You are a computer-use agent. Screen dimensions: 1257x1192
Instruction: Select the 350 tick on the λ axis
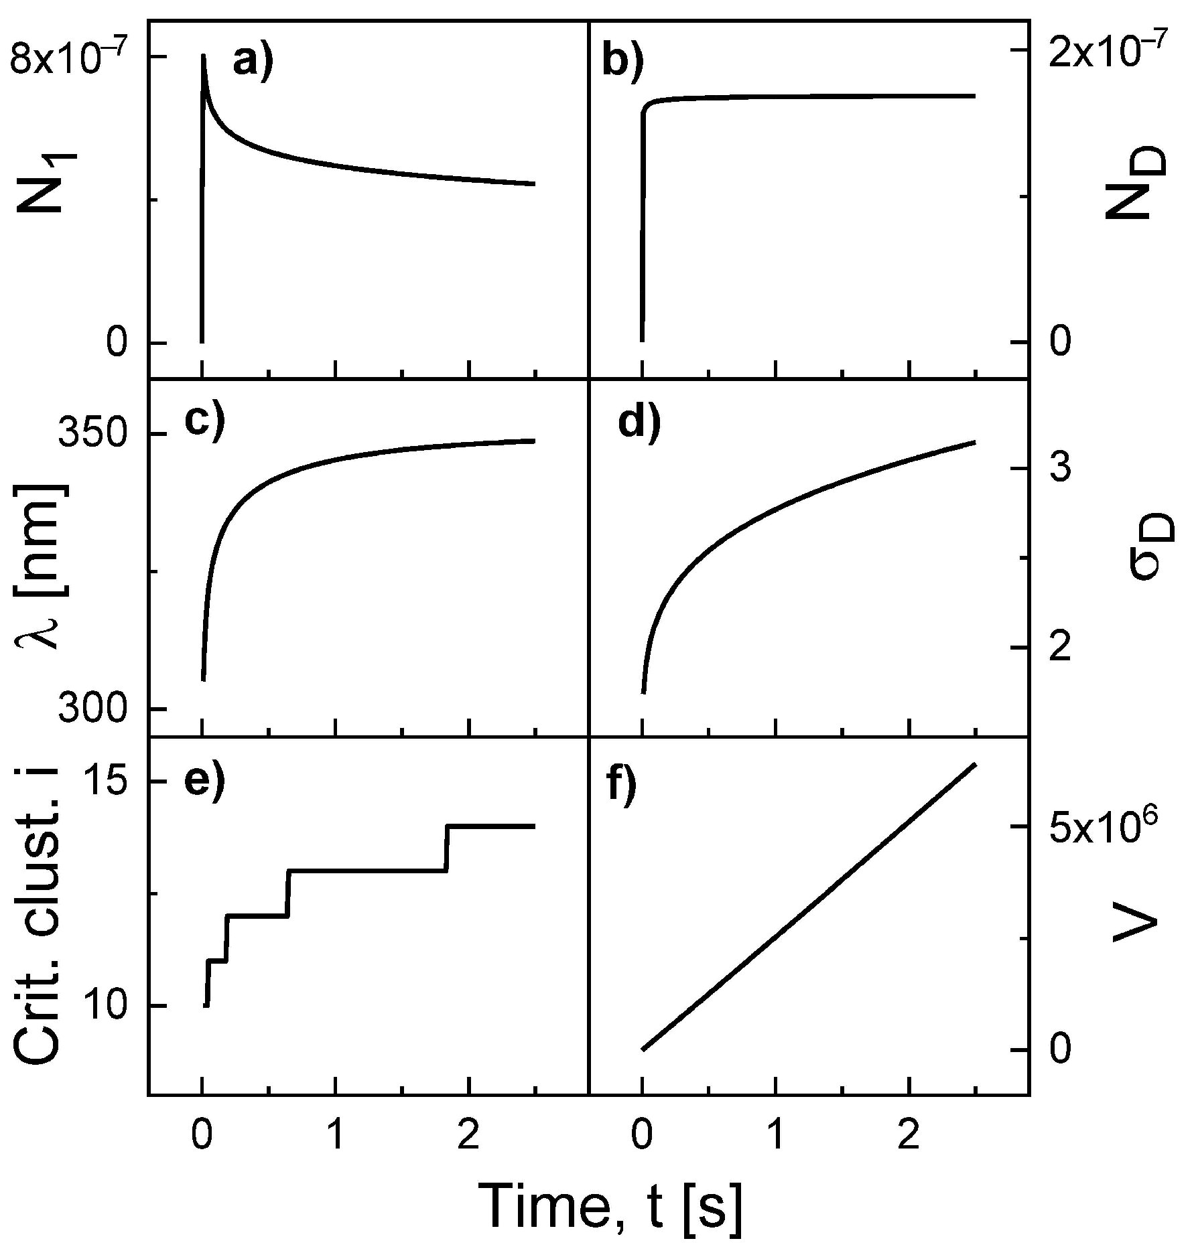click(x=92, y=435)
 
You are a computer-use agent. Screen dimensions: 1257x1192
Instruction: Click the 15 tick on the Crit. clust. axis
click(x=108, y=782)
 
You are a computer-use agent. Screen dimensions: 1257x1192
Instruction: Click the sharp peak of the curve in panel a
click(x=204, y=56)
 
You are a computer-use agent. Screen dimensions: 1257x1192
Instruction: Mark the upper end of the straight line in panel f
click(x=974, y=764)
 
